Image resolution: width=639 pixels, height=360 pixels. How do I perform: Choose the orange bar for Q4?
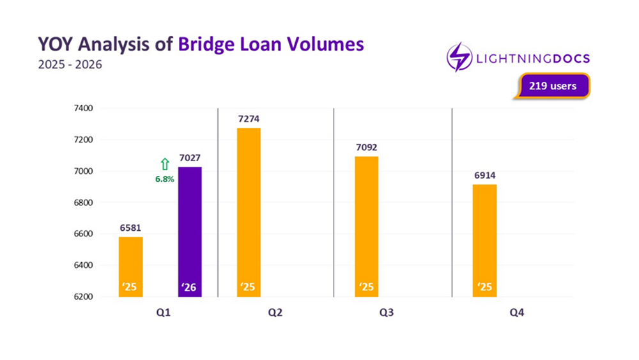pos(485,240)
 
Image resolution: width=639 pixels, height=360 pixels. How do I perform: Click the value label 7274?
pos(249,119)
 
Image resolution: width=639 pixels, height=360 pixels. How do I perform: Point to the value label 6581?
pos(130,228)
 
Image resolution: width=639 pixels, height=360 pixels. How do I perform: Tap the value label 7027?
pos(190,158)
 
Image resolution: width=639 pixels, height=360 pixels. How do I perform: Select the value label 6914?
pos(485,175)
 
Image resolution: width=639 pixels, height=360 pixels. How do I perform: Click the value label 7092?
pos(367,147)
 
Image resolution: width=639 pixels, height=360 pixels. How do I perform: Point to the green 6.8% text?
pos(164,179)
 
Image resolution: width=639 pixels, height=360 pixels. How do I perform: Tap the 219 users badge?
pos(552,85)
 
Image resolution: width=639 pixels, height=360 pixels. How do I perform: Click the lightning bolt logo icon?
pos(459,57)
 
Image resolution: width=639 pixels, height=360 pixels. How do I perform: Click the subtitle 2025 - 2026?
pos(70,65)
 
